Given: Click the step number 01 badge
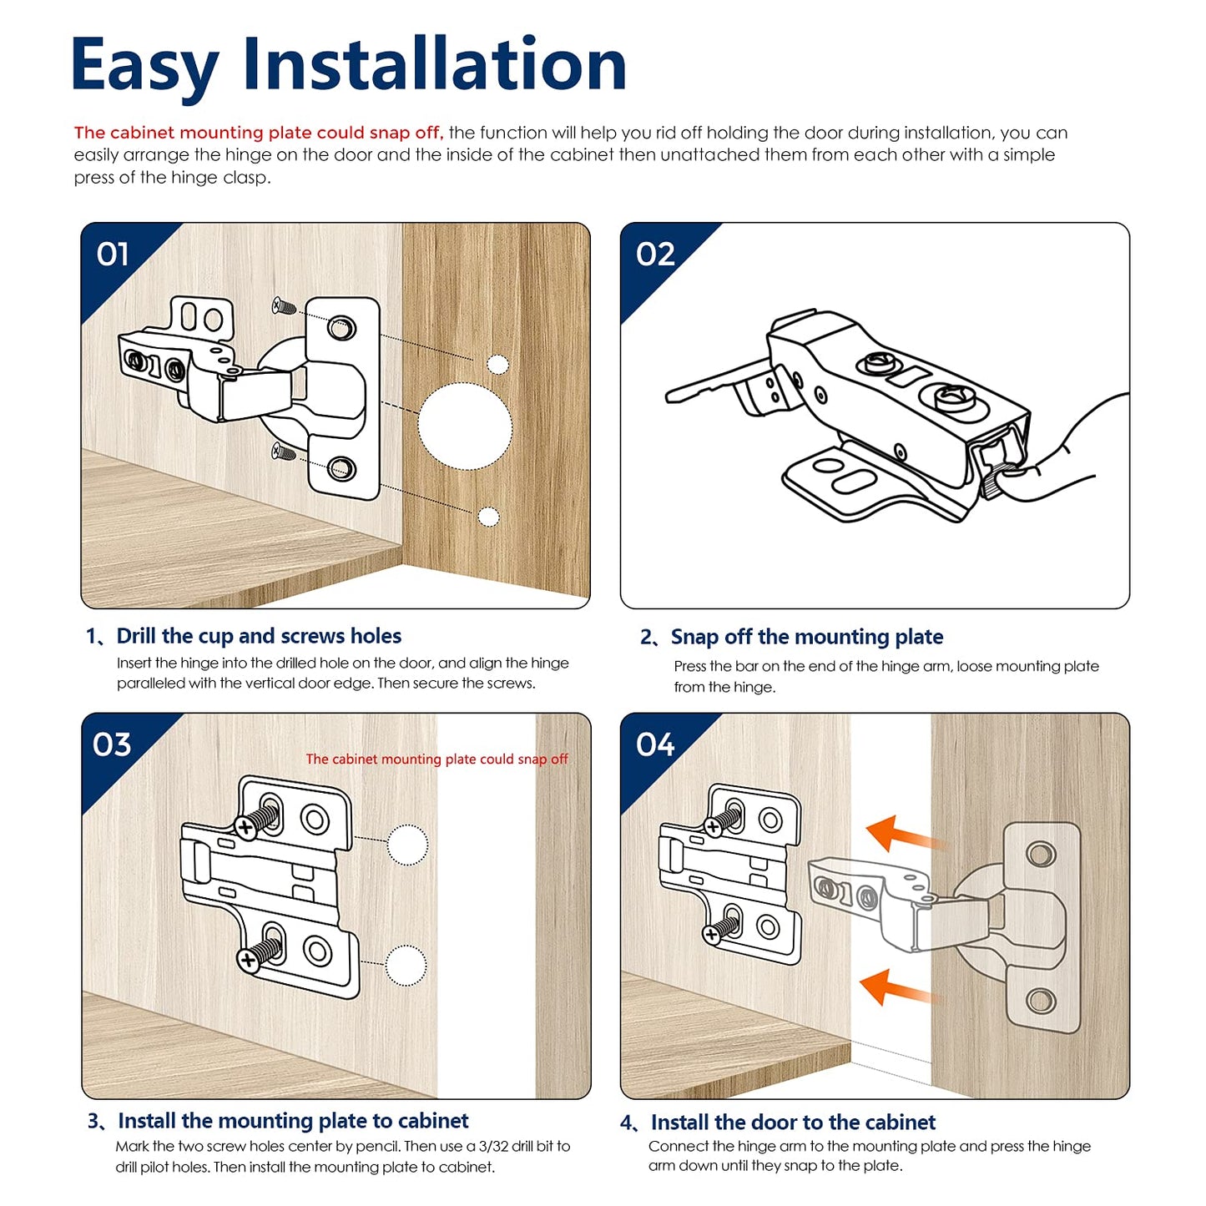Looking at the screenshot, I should (113, 255).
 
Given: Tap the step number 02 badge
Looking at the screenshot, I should (655, 255).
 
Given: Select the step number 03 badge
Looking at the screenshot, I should (112, 744).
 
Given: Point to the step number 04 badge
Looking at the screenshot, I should (655, 744).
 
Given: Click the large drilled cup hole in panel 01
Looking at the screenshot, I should (464, 426).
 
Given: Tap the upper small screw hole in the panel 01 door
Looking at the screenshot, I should (497, 364).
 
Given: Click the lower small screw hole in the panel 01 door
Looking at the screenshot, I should (488, 517).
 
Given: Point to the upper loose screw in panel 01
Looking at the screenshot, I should (285, 307).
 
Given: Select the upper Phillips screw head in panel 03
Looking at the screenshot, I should (245, 828).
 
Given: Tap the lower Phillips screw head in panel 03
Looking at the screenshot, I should (248, 961).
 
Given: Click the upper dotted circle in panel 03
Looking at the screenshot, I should (407, 845).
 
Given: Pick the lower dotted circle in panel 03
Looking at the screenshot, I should (406, 966).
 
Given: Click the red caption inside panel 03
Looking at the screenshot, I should (436, 759).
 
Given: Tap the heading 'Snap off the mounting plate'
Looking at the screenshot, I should (806, 638).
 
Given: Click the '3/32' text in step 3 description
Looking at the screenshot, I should (494, 1147).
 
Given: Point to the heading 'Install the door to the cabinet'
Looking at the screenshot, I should (793, 1123).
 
